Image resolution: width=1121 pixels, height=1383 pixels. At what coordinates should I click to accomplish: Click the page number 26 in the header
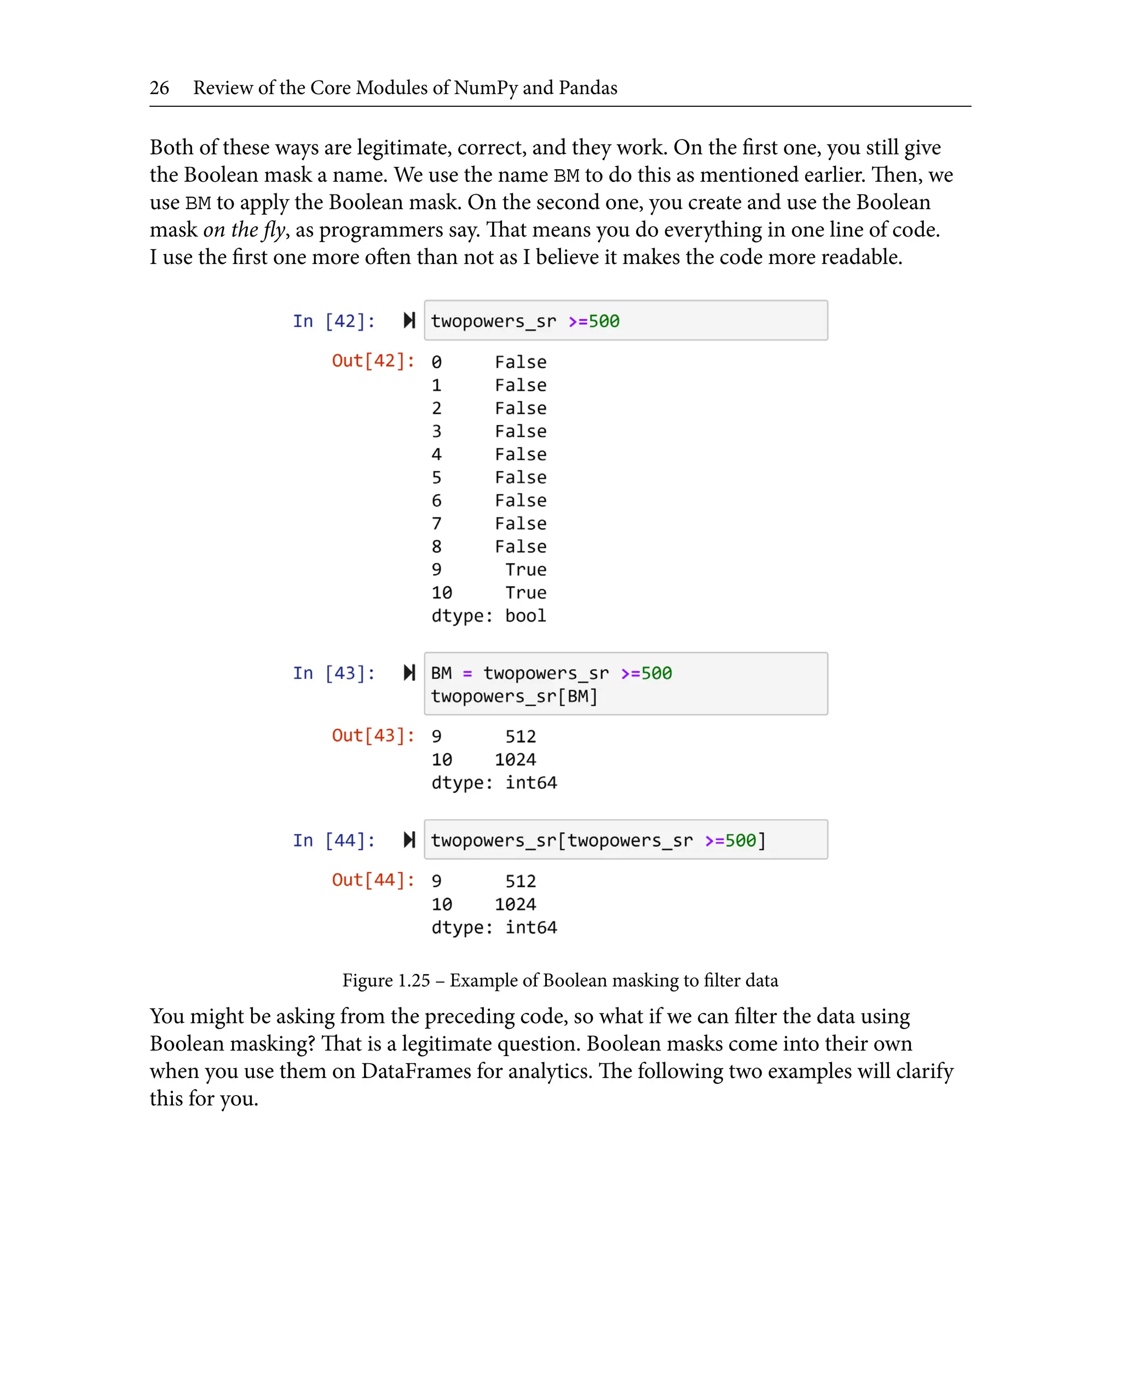[x=159, y=88]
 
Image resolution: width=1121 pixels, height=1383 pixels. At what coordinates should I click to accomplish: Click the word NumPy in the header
[x=486, y=88]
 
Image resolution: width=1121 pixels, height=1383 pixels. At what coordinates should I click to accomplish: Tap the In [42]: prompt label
[x=333, y=321]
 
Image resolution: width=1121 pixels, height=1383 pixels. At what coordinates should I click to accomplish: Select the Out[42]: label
[x=373, y=360]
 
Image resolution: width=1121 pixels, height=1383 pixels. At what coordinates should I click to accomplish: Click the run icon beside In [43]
[x=409, y=672]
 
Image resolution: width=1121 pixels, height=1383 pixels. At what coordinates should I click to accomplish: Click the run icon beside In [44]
[x=409, y=840]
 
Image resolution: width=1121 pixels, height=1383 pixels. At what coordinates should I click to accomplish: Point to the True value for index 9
[x=525, y=570]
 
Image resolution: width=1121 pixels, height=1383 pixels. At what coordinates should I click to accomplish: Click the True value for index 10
[x=525, y=593]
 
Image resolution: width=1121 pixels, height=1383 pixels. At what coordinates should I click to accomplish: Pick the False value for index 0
[x=520, y=362]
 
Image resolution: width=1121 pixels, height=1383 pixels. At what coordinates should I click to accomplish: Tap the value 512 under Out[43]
[x=520, y=736]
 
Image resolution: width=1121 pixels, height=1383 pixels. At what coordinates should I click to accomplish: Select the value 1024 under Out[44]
[x=515, y=904]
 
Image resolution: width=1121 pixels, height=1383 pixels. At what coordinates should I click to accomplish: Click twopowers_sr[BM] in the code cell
[x=514, y=696]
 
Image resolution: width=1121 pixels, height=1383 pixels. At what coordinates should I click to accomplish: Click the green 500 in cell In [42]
[x=603, y=321]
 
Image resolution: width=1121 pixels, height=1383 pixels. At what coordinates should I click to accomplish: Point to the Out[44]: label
[x=373, y=880]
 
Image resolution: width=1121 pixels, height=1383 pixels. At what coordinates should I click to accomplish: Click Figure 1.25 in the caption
[x=385, y=981]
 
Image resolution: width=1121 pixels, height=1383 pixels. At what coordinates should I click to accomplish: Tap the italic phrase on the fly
[x=244, y=230]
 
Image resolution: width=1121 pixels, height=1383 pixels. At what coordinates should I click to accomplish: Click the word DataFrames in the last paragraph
[x=416, y=1071]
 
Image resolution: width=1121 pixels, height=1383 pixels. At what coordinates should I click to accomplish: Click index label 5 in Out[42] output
[x=436, y=478]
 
